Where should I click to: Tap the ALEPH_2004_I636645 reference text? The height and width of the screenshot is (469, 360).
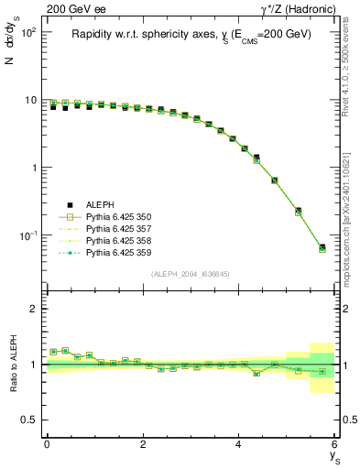(x=191, y=273)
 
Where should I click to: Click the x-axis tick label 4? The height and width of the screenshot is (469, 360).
(x=239, y=445)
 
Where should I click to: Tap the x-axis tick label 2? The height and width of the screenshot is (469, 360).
(x=143, y=445)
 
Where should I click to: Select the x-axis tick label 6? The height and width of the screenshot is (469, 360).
(x=335, y=445)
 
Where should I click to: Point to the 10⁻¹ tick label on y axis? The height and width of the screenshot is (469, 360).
(x=27, y=235)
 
